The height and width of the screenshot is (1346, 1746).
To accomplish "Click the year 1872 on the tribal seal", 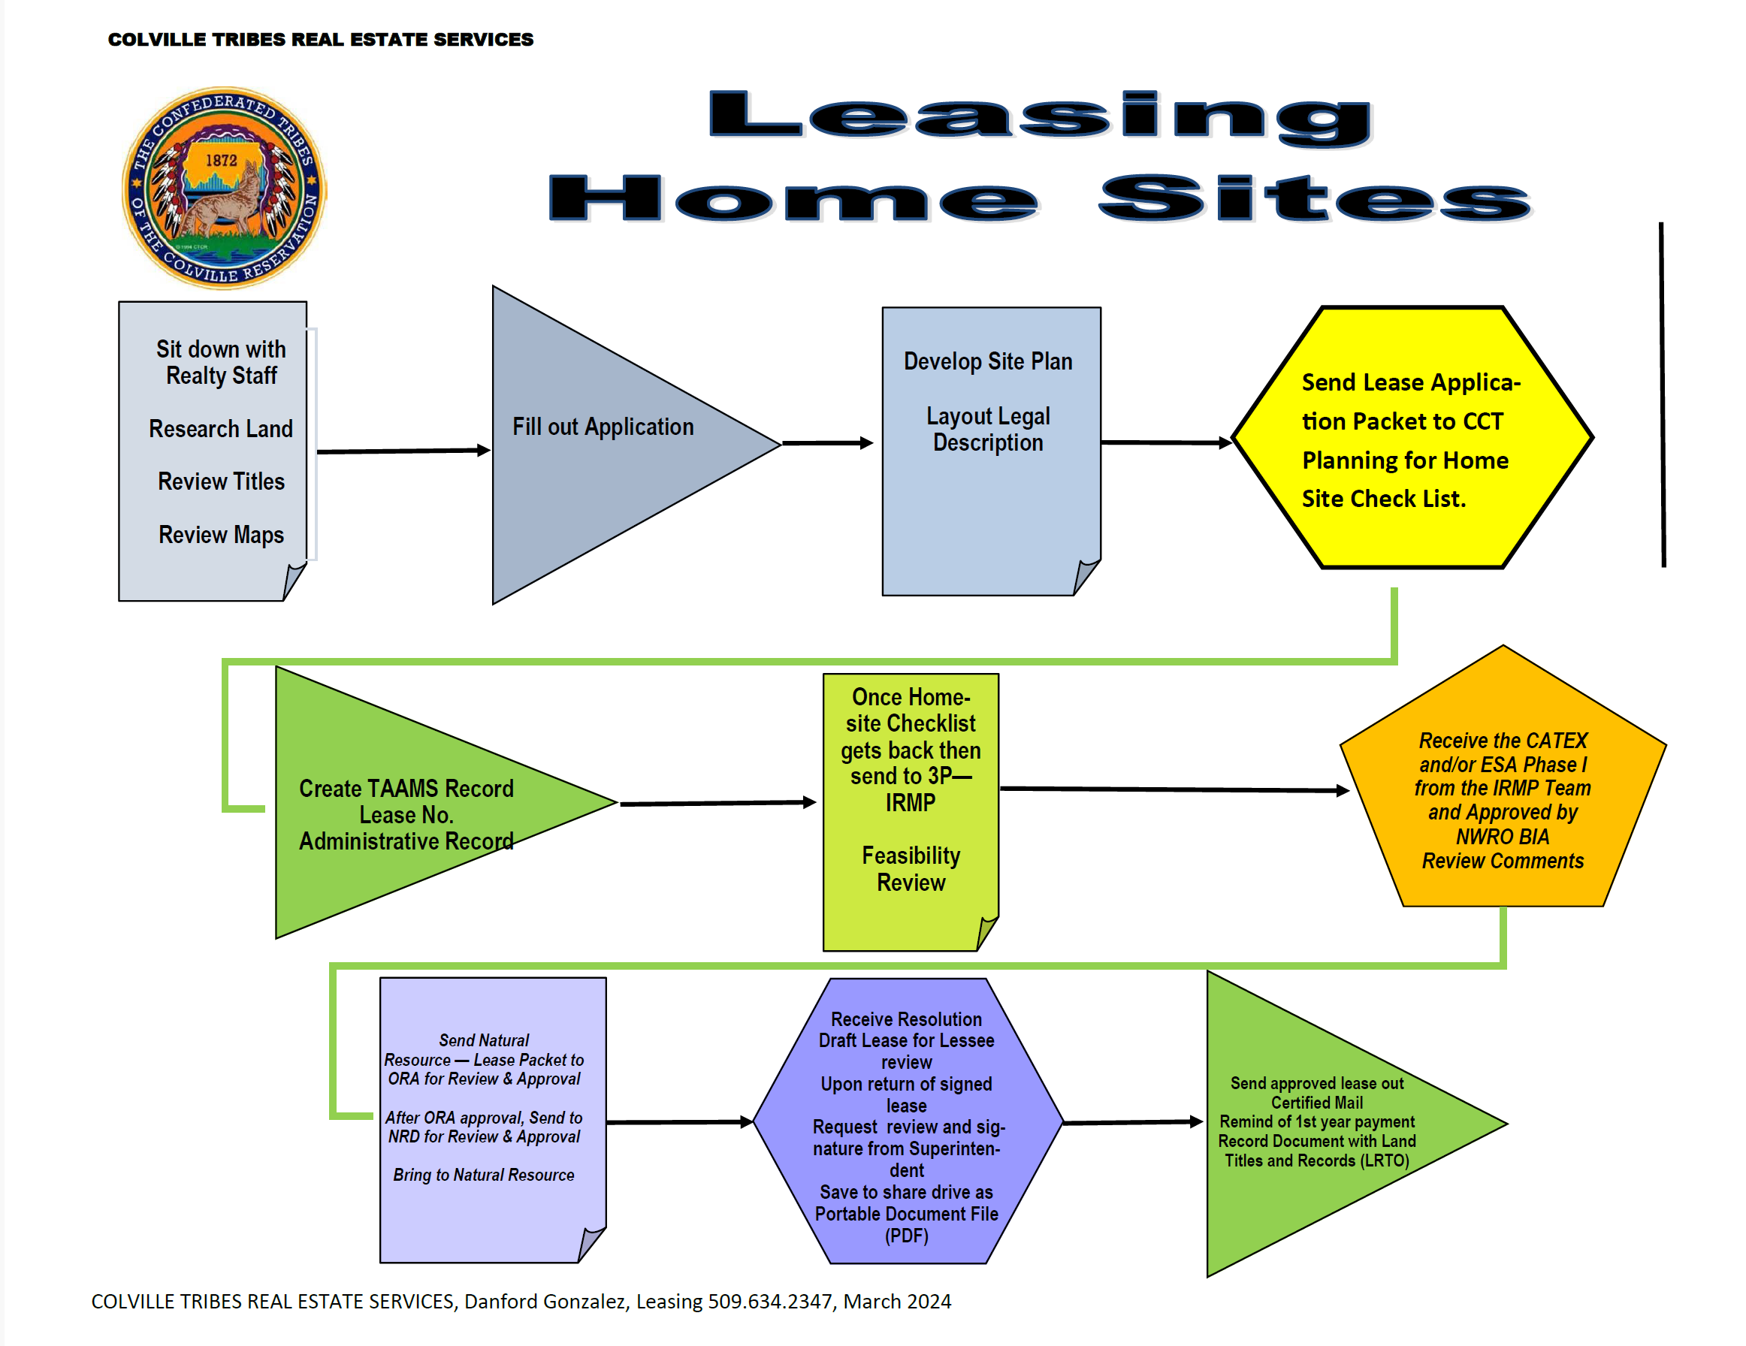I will [x=222, y=160].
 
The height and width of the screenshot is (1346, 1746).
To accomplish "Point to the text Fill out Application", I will [x=603, y=427].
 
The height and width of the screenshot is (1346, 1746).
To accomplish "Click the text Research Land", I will [x=221, y=429].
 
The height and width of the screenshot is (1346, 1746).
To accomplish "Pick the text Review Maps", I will [x=221, y=535].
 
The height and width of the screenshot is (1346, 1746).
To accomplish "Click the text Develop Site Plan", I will [x=988, y=361].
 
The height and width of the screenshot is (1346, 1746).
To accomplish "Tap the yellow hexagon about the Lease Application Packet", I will [x=1412, y=438].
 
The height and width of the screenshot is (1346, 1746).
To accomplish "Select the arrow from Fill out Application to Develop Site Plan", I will [x=826, y=443].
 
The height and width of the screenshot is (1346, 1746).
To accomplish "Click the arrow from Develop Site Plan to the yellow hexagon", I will [x=1165, y=442].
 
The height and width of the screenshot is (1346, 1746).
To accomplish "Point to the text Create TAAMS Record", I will [x=406, y=789].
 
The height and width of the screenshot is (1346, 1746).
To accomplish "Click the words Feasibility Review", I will [x=911, y=869].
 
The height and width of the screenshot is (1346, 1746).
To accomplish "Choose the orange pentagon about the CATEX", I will [x=1502, y=791].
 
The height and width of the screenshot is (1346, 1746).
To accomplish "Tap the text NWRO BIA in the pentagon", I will [x=1502, y=837].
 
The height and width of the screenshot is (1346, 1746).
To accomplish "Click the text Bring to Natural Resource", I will [x=484, y=1175].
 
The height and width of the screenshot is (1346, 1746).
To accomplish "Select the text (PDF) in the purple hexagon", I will [x=907, y=1236].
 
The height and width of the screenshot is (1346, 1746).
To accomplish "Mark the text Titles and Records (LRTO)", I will [x=1317, y=1160].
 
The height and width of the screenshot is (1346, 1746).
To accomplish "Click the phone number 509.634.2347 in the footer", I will [x=770, y=1302].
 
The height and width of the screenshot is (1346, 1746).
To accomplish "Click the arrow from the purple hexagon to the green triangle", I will [x=1132, y=1122].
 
